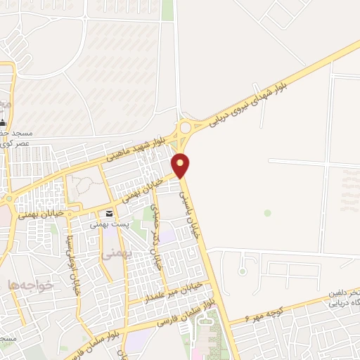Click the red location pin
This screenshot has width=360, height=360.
pyautogui.click(x=181, y=165)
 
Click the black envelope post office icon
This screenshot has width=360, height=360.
pyautogui.click(x=108, y=214)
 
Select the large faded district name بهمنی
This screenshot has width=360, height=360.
pyautogui.click(x=112, y=256)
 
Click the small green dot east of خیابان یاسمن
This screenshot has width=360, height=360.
pyautogui.click(x=267, y=212)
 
